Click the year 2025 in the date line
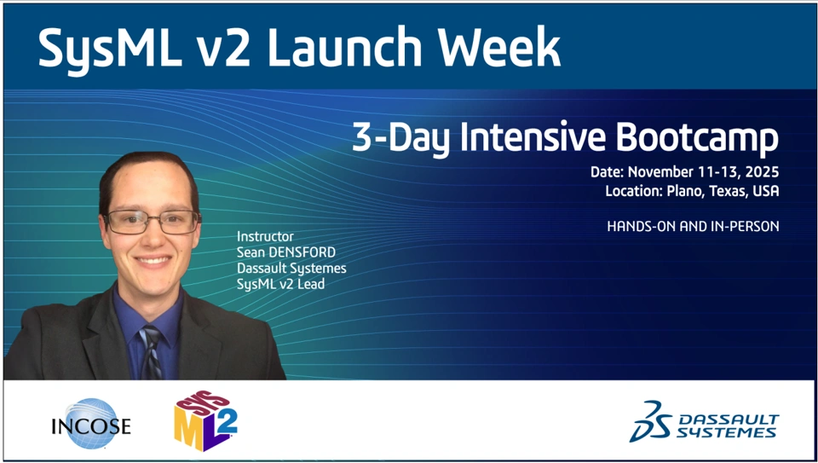[x=763, y=171]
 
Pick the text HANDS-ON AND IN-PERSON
[x=694, y=227]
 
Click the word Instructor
[x=265, y=236]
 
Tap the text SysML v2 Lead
[x=280, y=285]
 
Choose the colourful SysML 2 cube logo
[x=206, y=420]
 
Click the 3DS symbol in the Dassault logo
[x=650, y=421]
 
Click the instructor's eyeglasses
[x=152, y=222]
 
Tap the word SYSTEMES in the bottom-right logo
[x=726, y=432]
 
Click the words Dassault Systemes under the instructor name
[x=291, y=269]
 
